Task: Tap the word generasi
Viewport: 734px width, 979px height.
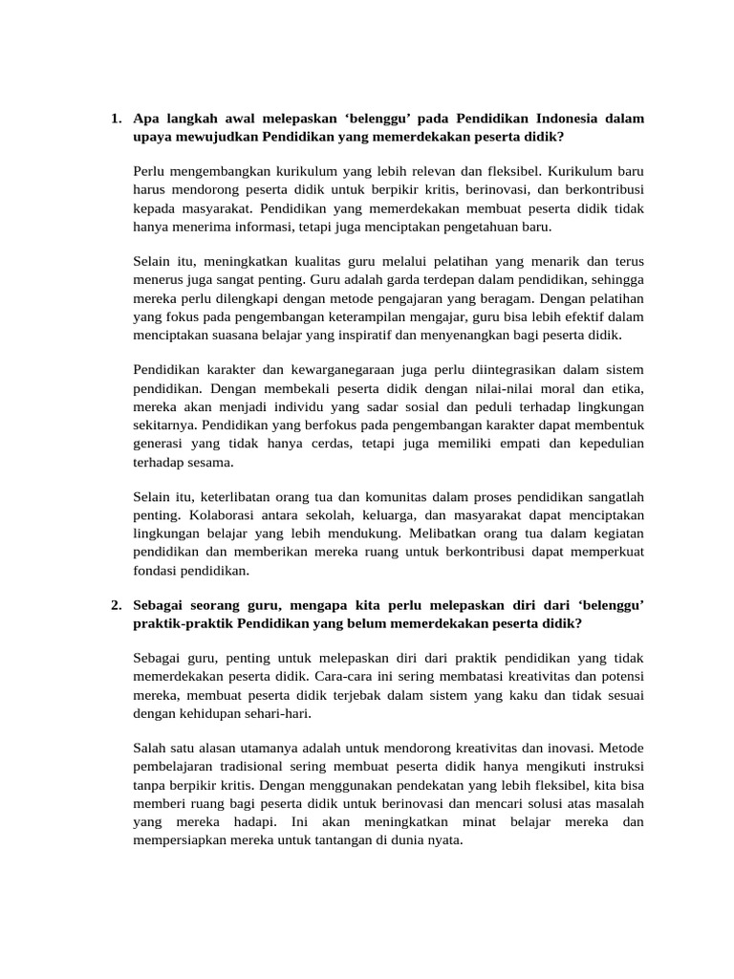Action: click(160, 443)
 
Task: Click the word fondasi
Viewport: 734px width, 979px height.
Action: click(157, 570)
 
